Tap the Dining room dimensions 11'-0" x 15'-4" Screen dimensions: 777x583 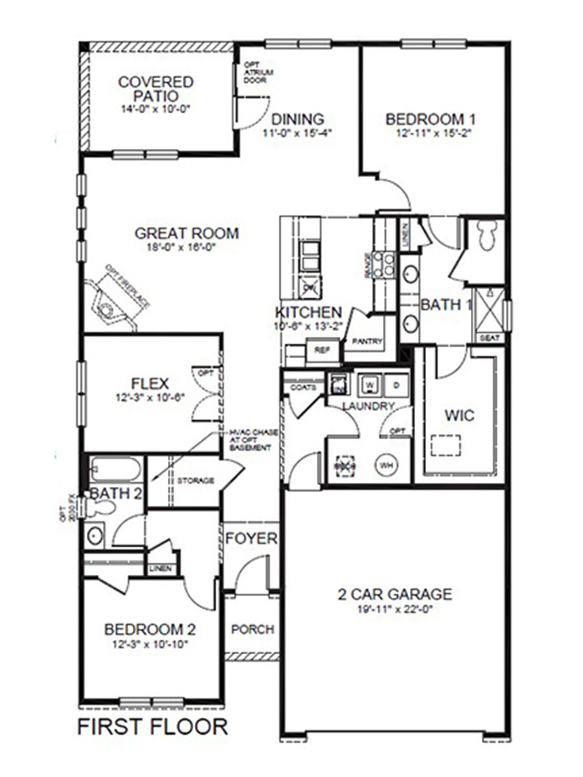[x=297, y=134]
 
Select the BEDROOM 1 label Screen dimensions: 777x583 [x=431, y=119]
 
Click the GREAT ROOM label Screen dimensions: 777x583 [x=187, y=233]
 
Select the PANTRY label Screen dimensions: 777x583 [x=367, y=341]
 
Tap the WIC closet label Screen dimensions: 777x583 [x=459, y=415]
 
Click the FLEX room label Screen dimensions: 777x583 [x=150, y=383]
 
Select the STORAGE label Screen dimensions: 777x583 [x=196, y=480]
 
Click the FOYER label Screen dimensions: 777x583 [x=251, y=539]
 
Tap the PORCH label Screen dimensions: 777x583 [x=253, y=629]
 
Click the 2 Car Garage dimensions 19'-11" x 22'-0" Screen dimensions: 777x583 [x=394, y=609]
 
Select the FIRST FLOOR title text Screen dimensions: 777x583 [x=153, y=726]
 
